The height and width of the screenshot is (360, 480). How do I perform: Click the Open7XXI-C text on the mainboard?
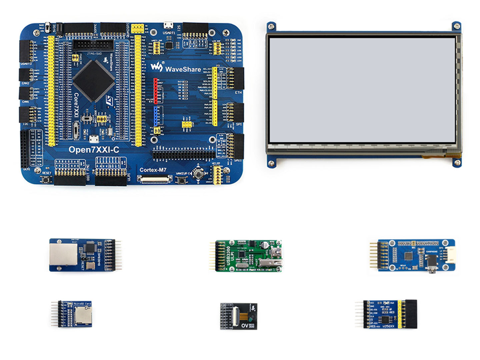[x=94, y=150]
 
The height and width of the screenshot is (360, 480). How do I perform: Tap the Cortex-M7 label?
[x=153, y=170]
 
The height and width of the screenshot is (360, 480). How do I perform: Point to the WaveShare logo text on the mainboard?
[x=183, y=69]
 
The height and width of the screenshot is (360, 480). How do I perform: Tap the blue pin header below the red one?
[x=155, y=115]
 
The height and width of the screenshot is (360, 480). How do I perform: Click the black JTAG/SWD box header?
[x=91, y=45]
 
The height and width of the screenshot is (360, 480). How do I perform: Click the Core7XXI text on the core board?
[x=76, y=105]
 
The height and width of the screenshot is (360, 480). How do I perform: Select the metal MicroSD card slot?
[x=80, y=315]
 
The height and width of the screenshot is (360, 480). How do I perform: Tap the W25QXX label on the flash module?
[x=388, y=326]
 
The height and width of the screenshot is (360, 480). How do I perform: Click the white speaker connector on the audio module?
[x=450, y=255]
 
